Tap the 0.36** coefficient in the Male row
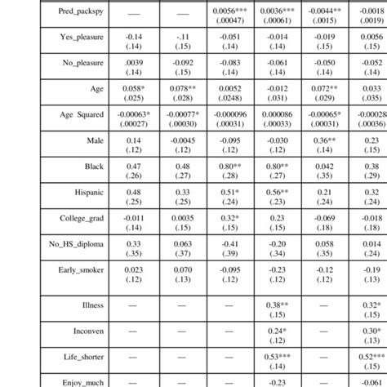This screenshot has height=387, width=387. [327, 140]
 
